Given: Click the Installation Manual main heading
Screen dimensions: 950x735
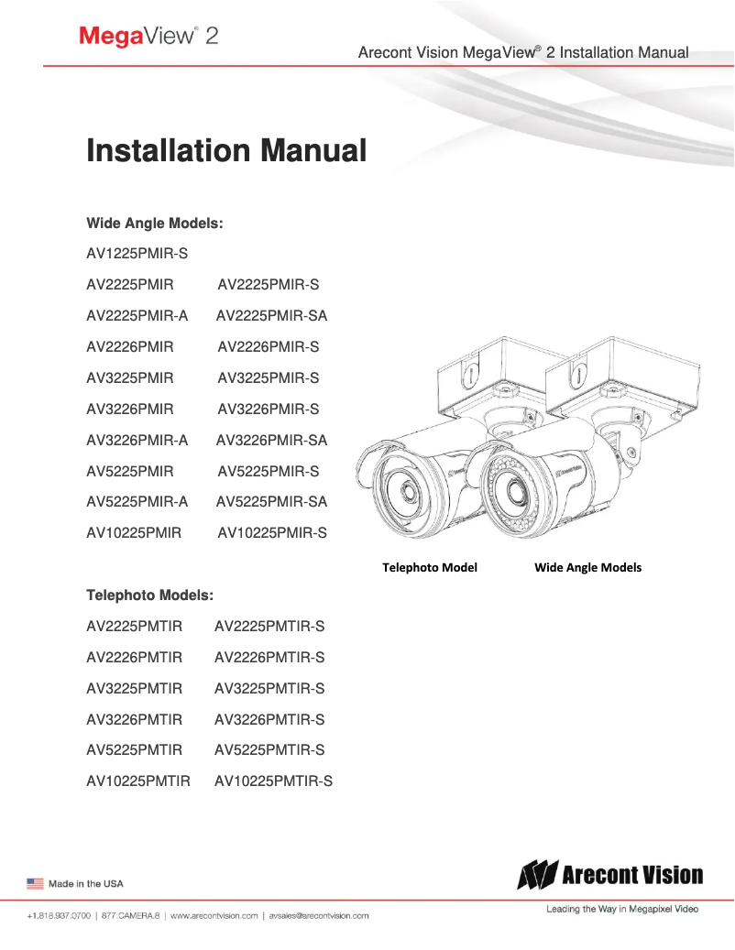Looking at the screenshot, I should coord(225,150).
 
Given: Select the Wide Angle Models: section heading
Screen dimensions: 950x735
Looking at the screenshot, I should coord(155,223).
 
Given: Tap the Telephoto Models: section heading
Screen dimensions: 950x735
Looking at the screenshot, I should coord(149,595).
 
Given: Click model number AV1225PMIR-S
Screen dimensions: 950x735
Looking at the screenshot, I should coord(137,254).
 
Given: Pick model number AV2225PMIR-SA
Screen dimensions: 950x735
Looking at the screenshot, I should coord(271,316).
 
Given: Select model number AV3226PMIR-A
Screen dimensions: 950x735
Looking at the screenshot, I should coord(137,440).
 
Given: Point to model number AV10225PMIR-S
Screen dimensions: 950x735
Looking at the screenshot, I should coord(271,532).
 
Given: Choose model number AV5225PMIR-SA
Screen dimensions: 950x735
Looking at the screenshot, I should coord(271,501).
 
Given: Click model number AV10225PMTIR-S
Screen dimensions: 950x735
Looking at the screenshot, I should coord(273,781).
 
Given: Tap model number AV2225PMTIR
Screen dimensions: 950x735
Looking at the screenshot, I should coord(134,627).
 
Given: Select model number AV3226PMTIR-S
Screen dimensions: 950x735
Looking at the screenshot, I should coord(269,720).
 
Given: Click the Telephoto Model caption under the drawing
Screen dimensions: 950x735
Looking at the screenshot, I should coord(429,567).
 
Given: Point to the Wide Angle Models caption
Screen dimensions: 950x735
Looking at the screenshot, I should coord(587,567).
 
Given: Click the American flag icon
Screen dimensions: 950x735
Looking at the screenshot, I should coord(35,883).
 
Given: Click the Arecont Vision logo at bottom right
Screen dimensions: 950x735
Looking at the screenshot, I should coord(610,876).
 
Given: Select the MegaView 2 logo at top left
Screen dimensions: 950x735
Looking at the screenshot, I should coord(148,37).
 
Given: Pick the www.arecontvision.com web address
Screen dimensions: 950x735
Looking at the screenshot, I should coord(214,915).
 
